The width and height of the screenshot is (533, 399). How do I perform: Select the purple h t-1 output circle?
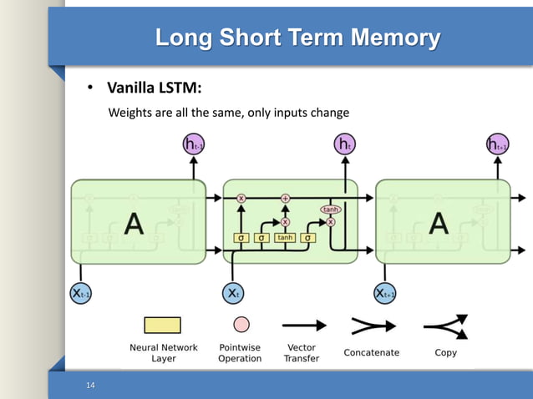click(194, 145)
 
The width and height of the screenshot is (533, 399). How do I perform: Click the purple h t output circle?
click(344, 144)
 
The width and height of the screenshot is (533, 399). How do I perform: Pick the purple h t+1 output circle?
click(497, 145)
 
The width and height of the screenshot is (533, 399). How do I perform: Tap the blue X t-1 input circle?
click(80, 293)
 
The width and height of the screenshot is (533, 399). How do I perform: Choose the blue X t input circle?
click(233, 293)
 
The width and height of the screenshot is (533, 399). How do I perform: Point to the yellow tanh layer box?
click(285, 238)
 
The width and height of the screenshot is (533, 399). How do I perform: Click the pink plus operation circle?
click(285, 198)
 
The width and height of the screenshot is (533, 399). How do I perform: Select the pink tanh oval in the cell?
click(330, 210)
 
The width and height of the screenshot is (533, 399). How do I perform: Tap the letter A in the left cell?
click(134, 223)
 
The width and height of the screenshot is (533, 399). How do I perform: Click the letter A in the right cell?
click(438, 223)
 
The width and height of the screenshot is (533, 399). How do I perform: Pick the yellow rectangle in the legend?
click(162, 325)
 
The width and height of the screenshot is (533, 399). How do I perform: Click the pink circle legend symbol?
click(241, 324)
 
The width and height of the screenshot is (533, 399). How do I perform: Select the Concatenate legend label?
click(372, 353)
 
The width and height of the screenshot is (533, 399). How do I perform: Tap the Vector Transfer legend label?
click(302, 353)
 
